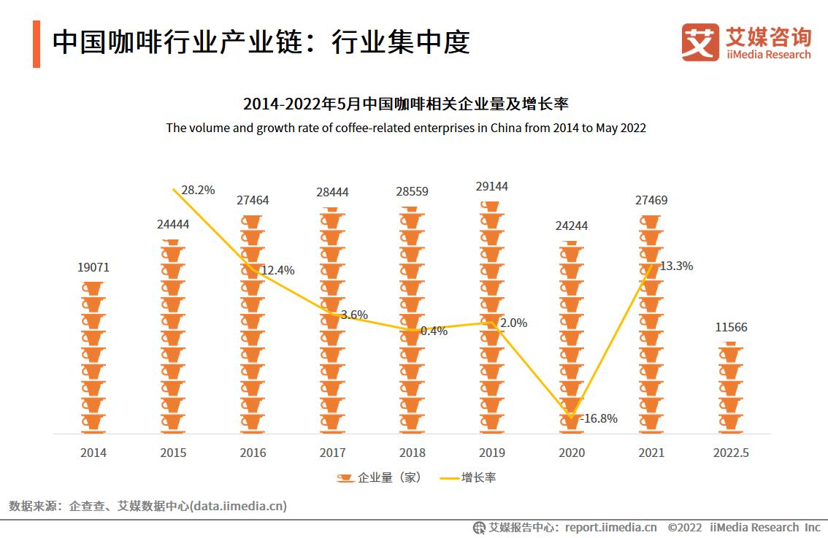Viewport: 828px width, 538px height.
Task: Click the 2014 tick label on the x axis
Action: (93, 453)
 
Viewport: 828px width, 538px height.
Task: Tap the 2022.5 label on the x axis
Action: (731, 453)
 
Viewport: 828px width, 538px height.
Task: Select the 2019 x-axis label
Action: (492, 453)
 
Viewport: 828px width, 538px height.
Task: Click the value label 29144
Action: (492, 187)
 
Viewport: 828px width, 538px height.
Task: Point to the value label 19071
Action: (93, 268)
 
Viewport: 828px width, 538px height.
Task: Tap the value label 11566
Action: (731, 328)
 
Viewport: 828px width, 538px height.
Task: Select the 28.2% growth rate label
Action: (198, 190)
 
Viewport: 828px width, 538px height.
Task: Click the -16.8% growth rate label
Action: (599, 418)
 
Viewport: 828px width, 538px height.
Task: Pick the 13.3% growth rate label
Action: (676, 266)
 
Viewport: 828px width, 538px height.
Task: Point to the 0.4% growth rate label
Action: (434, 331)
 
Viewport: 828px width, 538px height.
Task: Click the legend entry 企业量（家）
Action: (380, 477)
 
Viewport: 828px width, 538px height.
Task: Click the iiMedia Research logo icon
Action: (699, 42)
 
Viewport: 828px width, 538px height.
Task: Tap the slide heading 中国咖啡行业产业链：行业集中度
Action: (261, 43)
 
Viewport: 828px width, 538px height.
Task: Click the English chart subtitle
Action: (406, 128)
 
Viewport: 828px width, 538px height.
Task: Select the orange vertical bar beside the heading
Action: (37, 44)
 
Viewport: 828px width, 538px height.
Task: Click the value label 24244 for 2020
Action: (572, 226)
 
